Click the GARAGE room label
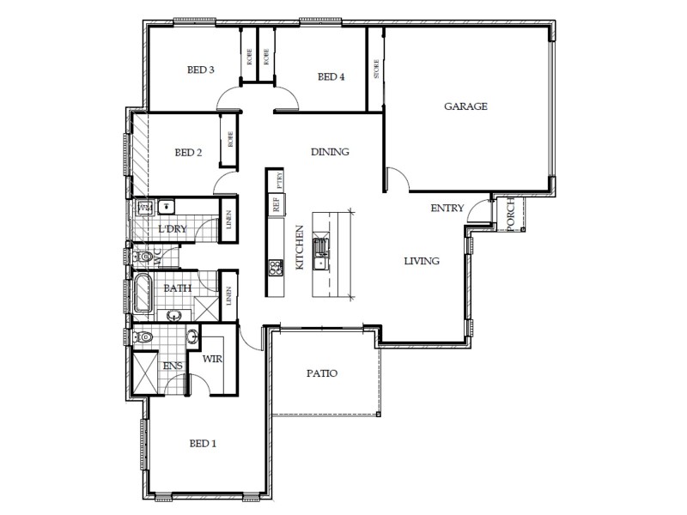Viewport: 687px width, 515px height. tap(465, 107)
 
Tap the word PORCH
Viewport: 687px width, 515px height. tap(510, 214)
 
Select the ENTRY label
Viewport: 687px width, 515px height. tap(447, 208)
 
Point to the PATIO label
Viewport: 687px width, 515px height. tap(321, 374)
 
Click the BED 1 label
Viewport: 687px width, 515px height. tap(203, 444)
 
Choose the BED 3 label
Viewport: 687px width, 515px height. tap(200, 70)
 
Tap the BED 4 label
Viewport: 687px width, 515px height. tap(331, 77)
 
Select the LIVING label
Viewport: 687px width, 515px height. tap(423, 261)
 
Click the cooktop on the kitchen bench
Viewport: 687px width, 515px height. tap(277, 268)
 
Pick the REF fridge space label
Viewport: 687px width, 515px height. tap(277, 205)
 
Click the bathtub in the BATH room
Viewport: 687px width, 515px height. tap(143, 294)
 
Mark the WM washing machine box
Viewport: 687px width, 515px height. tap(144, 207)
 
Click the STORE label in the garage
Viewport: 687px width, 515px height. tap(375, 70)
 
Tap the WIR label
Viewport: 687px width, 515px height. tap(213, 359)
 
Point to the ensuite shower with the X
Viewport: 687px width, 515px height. tap(144, 371)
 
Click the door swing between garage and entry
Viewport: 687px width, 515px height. tap(397, 179)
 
